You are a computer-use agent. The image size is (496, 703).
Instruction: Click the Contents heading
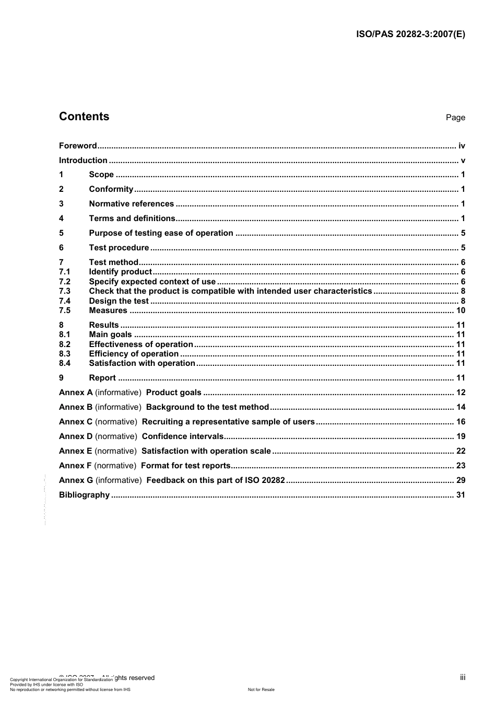[x=84, y=117]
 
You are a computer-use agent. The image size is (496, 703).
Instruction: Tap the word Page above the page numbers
[x=455, y=118]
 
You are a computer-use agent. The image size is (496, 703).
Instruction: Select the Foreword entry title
[x=78, y=146]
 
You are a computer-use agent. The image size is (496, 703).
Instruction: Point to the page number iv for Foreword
[x=462, y=146]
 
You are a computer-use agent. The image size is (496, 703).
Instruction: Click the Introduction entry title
[x=83, y=160]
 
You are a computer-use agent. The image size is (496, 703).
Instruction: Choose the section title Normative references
[x=132, y=204]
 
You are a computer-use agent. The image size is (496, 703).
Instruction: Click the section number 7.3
[x=65, y=291]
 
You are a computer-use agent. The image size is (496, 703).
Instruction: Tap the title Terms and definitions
[x=132, y=218]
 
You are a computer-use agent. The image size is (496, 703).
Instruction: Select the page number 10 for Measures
[x=460, y=310]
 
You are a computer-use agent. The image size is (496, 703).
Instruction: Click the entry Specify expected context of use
[x=152, y=282]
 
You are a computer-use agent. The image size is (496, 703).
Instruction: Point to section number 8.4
[x=65, y=363]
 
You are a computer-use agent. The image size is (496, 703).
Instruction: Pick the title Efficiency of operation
[x=134, y=354]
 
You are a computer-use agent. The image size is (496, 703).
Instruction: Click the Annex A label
[x=76, y=393]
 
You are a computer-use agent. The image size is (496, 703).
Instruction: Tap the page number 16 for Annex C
[x=460, y=422]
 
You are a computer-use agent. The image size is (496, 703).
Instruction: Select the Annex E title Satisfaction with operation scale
[x=206, y=451]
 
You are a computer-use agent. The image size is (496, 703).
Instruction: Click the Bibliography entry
[x=84, y=495]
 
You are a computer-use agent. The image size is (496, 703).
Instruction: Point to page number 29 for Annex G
[x=460, y=480]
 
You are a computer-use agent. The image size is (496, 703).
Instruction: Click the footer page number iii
[x=463, y=677]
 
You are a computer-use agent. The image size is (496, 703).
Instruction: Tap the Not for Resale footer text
[x=261, y=689]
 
